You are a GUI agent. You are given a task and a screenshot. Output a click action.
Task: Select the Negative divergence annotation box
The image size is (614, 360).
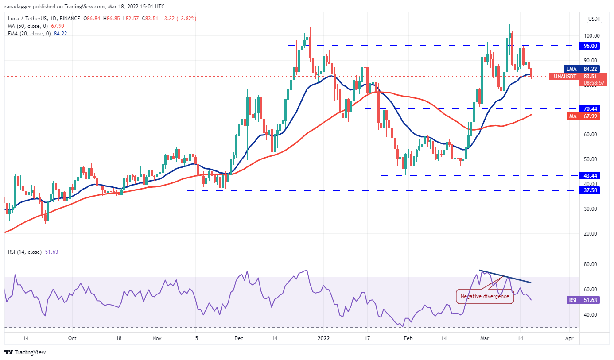coord(485,296)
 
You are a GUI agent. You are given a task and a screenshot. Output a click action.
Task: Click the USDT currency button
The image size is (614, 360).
coord(594,19)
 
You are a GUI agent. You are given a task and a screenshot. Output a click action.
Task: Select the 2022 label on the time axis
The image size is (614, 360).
coord(324,338)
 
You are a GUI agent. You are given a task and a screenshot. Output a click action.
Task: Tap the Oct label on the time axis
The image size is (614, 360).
coord(73,338)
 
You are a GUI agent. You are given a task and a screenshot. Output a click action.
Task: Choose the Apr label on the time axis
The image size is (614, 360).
coord(569,338)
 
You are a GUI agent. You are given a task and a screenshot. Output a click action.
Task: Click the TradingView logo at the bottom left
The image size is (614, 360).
coord(25,352)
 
